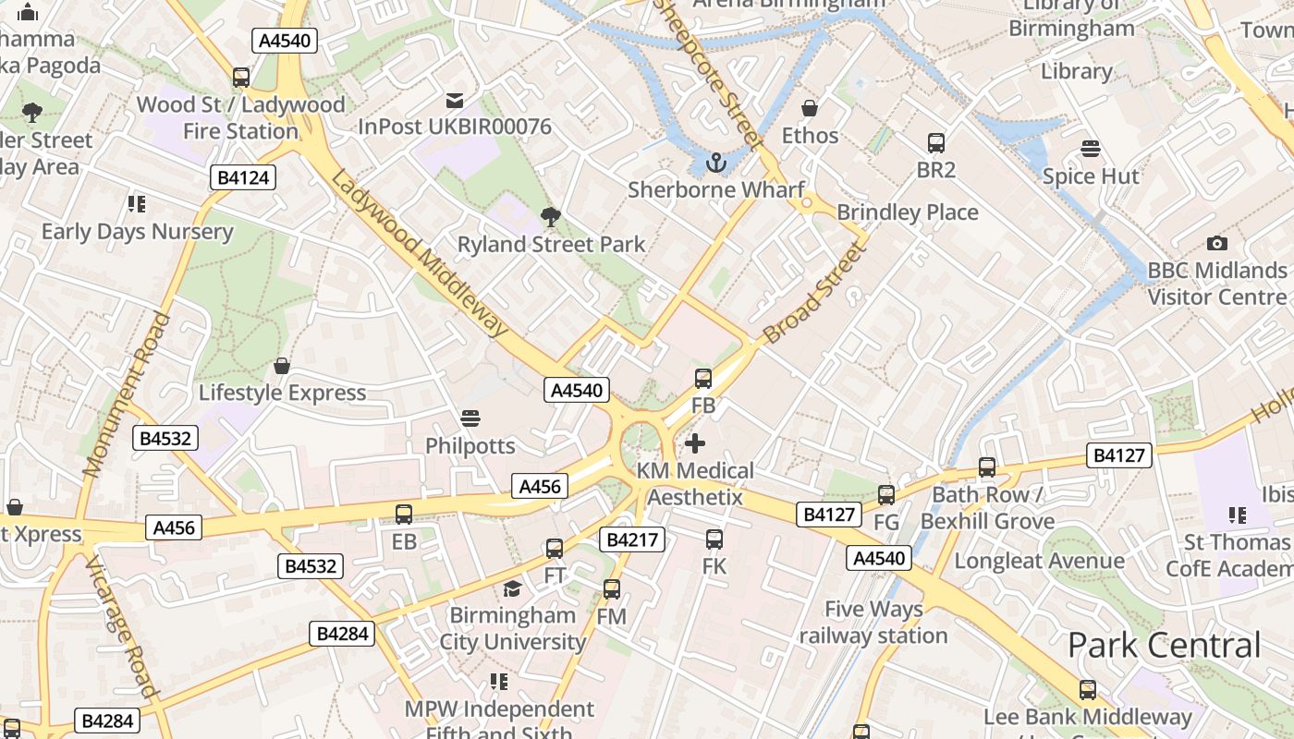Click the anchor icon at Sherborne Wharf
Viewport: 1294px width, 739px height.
pos(715,164)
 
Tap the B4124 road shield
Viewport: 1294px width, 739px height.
pos(244,177)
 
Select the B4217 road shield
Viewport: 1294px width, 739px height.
pos(632,539)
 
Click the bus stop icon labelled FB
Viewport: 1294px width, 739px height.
pos(703,378)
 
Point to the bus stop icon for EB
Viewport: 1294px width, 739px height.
pos(404,515)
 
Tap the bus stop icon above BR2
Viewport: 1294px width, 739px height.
pos(936,143)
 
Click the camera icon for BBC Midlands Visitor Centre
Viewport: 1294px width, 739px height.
pos(1217,243)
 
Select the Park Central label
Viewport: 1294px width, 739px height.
pos(1165,645)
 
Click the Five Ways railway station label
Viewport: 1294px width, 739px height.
pos(873,623)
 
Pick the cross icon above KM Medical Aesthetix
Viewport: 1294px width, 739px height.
pos(695,444)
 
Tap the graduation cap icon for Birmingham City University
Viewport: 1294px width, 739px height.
pos(512,588)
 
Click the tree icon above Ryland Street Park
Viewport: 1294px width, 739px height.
pos(551,217)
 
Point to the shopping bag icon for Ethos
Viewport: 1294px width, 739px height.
pos(810,108)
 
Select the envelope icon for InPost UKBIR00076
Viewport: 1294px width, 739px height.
pos(455,100)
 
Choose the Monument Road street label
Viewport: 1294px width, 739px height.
pos(128,394)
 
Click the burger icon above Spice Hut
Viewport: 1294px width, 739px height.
pos(1091,149)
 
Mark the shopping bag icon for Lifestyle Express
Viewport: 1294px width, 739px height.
pos(282,366)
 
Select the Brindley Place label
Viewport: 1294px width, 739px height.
pos(907,212)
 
